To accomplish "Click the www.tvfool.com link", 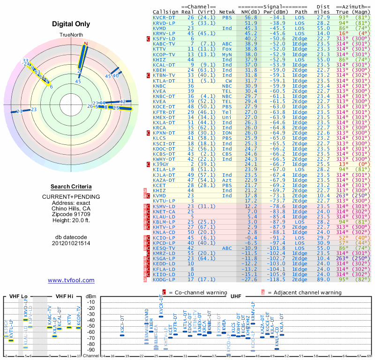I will click(x=71, y=280).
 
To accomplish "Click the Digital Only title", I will click(x=71, y=24).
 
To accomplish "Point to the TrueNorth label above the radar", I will click(x=71, y=35).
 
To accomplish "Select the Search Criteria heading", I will click(x=71, y=187).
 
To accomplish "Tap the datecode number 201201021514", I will click(x=71, y=243).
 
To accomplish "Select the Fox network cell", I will click(x=227, y=49).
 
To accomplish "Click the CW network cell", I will click(x=227, y=80).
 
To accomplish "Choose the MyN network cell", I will click(x=227, y=54).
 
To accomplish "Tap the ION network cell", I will click(x=227, y=133).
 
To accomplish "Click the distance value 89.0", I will click(x=323, y=279).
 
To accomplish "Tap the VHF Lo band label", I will click(x=18, y=297).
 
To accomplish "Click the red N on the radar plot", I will click(x=85, y=44).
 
